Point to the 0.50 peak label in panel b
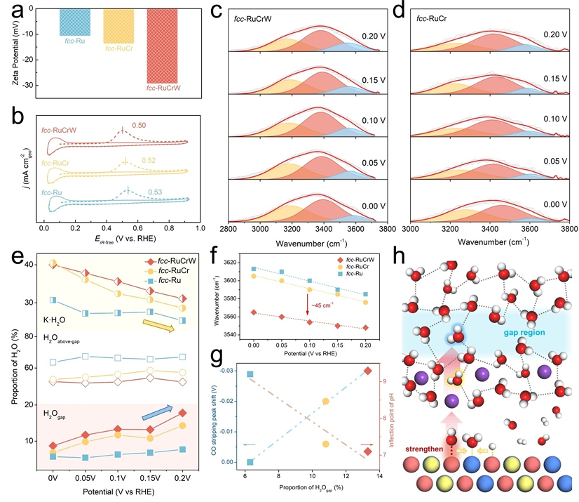pos(141,126)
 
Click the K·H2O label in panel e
pos(58,319)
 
